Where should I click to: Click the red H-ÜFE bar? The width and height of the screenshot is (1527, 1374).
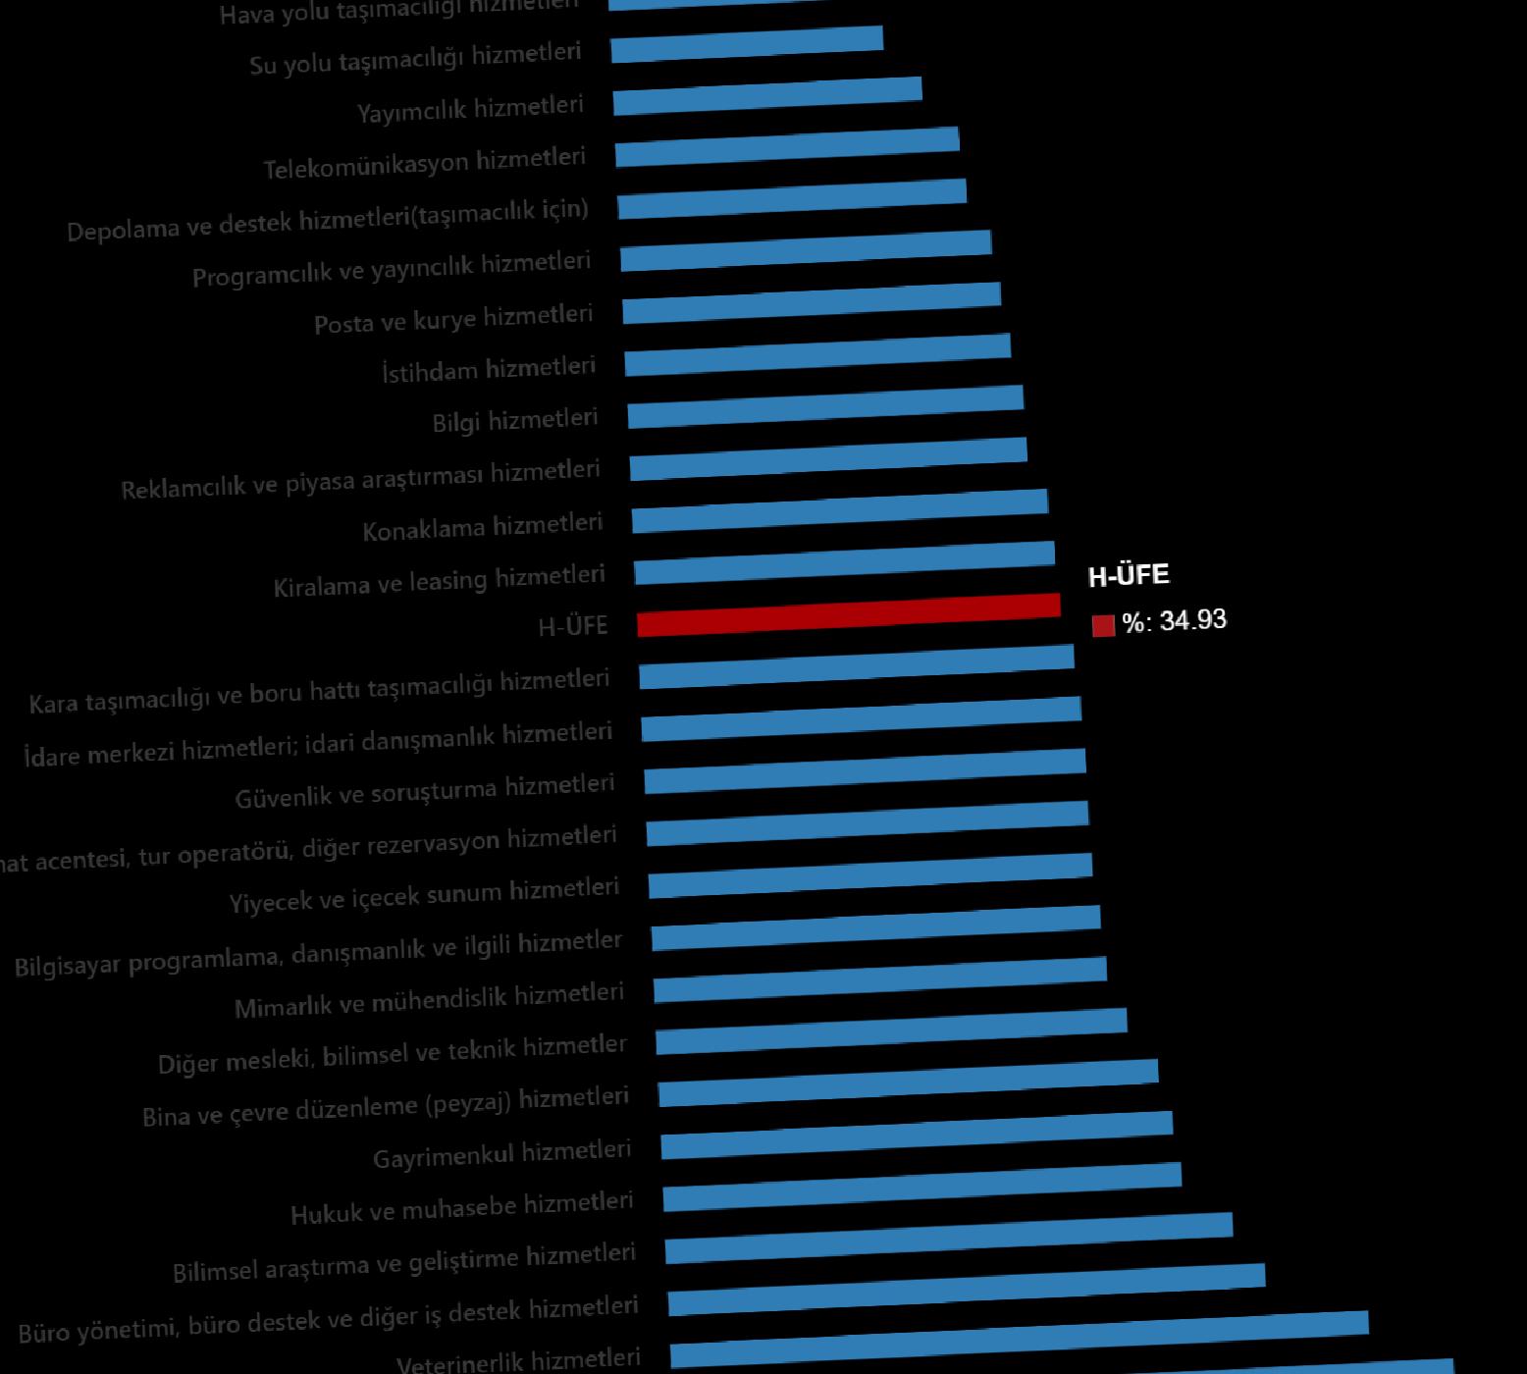click(849, 614)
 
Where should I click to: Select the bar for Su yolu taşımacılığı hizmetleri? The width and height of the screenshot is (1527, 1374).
click(747, 44)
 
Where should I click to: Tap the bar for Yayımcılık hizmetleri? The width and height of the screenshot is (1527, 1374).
click(767, 95)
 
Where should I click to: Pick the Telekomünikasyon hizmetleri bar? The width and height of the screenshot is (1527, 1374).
click(787, 146)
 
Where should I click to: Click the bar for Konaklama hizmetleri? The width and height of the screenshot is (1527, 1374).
click(840, 510)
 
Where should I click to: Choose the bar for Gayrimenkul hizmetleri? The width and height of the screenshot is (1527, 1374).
click(917, 1135)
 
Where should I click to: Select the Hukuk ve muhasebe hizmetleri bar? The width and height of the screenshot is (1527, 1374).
click(922, 1186)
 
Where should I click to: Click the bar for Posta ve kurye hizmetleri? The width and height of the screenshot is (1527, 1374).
click(812, 302)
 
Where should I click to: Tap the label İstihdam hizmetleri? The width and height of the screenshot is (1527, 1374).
click(489, 370)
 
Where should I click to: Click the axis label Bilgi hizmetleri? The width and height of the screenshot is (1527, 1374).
click(515, 421)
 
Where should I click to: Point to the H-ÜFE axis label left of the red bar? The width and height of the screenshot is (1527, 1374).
click(573, 626)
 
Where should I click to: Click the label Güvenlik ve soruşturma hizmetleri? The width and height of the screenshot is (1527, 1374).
click(425, 791)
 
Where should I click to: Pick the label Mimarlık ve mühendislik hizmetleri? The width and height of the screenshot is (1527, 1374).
click(429, 1000)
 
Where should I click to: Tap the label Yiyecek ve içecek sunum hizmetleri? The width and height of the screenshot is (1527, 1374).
click(424, 895)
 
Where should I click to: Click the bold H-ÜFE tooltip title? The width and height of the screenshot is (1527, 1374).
click(1129, 575)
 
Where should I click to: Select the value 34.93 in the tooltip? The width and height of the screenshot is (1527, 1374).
click(1192, 620)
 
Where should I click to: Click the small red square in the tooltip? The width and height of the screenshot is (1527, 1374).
click(1103, 625)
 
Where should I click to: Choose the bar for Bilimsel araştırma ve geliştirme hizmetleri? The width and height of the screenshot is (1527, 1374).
click(949, 1238)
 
